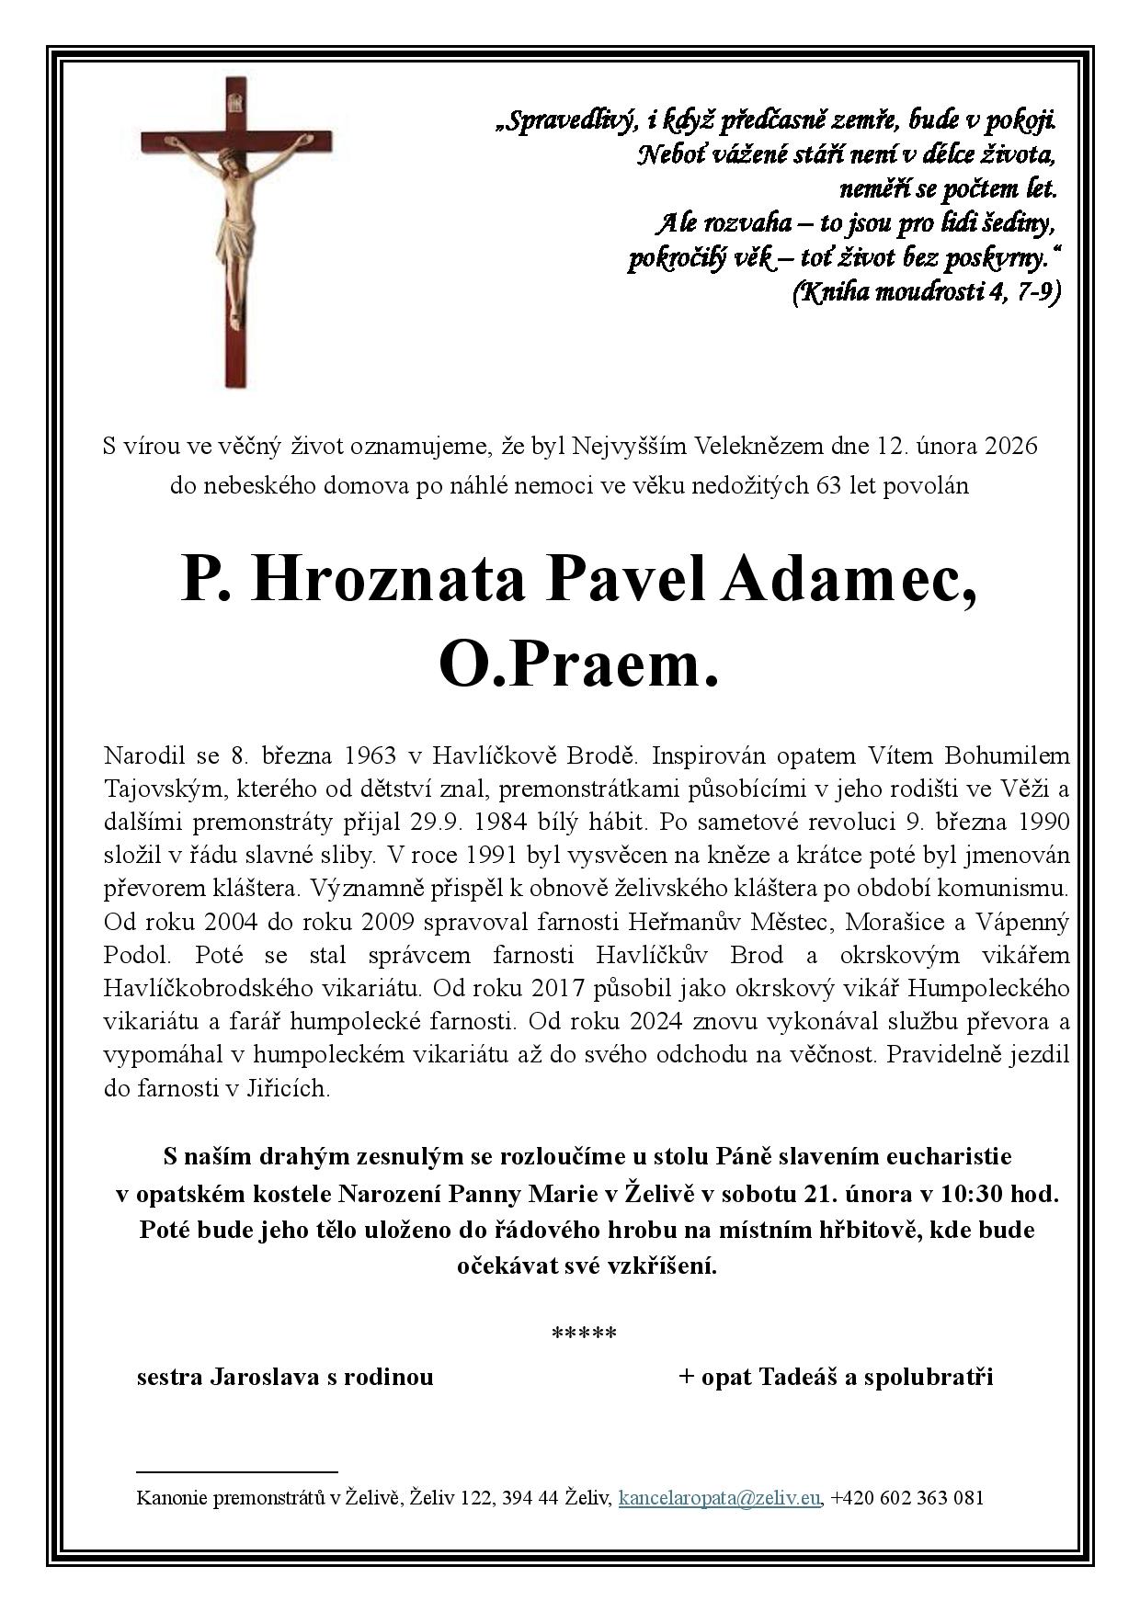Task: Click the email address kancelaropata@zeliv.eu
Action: pyautogui.click(x=719, y=1498)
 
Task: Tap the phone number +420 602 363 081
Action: pyautogui.click(x=906, y=1498)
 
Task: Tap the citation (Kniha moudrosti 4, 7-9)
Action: pyautogui.click(x=926, y=292)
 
